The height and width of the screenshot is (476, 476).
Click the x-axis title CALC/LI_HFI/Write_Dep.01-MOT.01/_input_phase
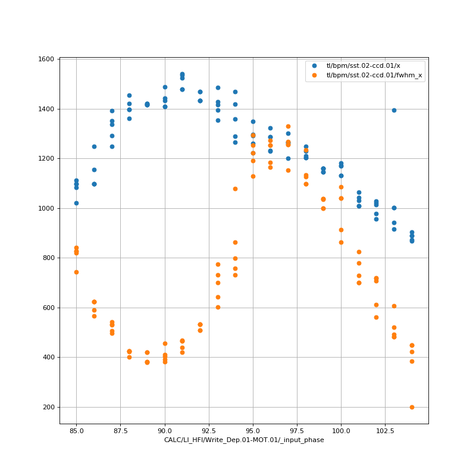[244, 440]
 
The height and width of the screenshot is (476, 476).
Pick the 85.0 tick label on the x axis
[76, 430]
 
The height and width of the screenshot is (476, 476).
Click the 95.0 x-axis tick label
[253, 430]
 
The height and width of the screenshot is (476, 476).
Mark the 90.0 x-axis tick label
[165, 430]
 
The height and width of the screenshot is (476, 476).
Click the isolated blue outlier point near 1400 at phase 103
[394, 110]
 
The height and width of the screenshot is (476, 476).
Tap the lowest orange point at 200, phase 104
[412, 407]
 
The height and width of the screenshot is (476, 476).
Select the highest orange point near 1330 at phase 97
[288, 126]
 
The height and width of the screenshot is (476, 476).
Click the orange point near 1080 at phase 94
[235, 189]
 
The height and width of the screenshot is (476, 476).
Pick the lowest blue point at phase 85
[76, 203]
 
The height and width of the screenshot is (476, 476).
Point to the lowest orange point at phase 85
[76, 272]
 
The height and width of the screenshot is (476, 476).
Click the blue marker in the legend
[315, 65]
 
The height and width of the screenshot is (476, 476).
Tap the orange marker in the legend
[315, 76]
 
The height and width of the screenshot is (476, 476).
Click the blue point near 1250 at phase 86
[94, 146]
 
